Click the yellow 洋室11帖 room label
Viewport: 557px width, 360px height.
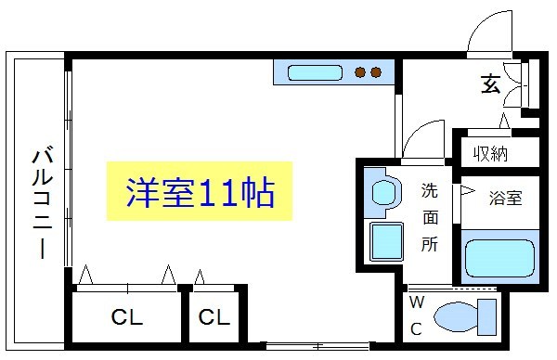[x=201, y=193]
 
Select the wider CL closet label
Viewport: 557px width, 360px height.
[x=127, y=318]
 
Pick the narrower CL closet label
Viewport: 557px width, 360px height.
[x=214, y=318]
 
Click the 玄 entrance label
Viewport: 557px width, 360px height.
[x=490, y=84]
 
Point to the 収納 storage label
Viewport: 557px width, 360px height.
[x=490, y=154]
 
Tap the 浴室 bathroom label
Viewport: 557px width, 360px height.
[x=505, y=197]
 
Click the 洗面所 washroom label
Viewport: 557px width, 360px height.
[x=430, y=219]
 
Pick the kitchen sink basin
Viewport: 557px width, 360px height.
[x=316, y=72]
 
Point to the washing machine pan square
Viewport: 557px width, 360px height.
[x=383, y=241]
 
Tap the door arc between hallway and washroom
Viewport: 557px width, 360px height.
[x=422, y=139]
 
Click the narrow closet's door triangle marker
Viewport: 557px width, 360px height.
[x=199, y=276]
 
